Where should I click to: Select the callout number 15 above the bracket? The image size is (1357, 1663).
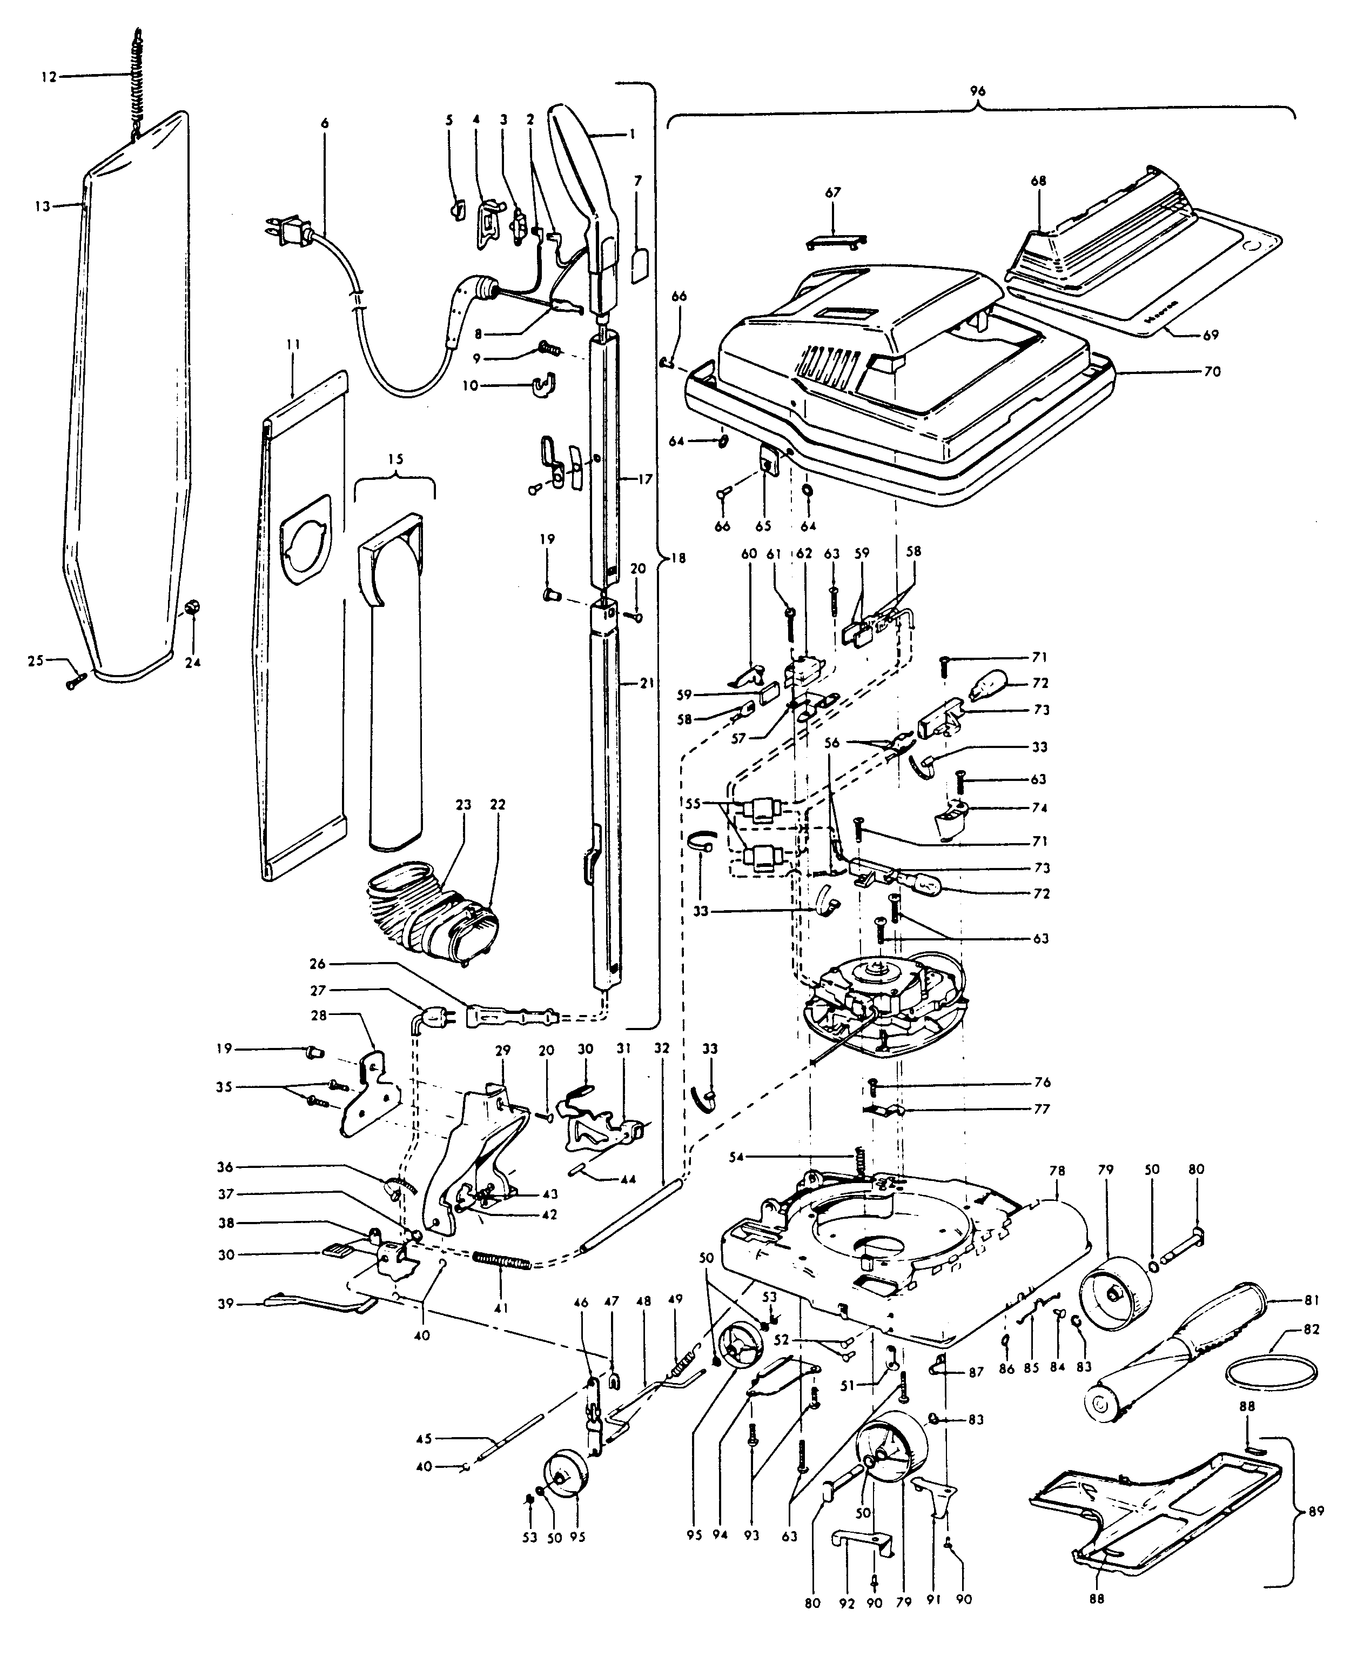pyautogui.click(x=395, y=459)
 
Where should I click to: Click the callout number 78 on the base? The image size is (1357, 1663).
pyautogui.click(x=1057, y=1194)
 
